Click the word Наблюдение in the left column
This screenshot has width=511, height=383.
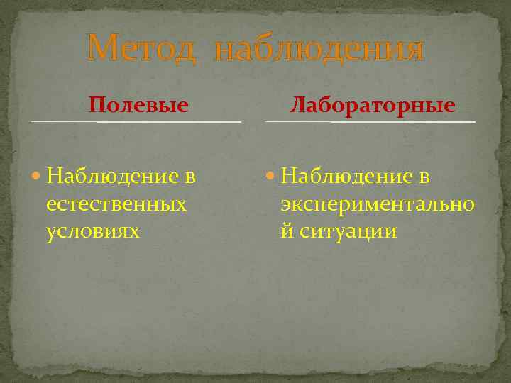click(106, 177)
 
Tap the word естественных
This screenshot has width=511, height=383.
click(116, 204)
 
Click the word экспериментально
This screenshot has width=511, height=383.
click(378, 204)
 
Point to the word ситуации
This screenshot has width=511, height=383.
click(348, 231)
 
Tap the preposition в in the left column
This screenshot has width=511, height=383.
click(189, 177)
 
